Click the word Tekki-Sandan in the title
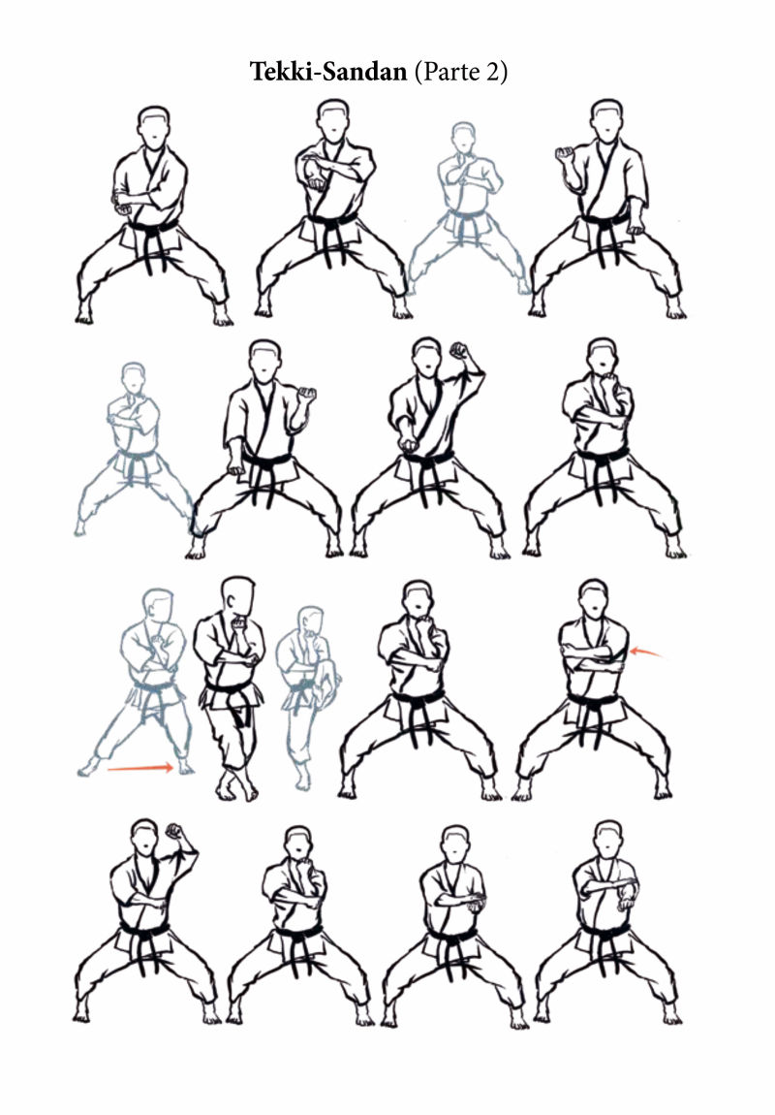click(x=328, y=71)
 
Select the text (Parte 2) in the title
click(x=461, y=72)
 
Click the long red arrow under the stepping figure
click(x=139, y=768)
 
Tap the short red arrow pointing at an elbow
click(x=647, y=652)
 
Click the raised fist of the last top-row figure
click(x=565, y=153)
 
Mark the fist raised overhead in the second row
click(x=459, y=351)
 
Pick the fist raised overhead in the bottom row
click(x=174, y=832)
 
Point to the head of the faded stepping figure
click(x=159, y=604)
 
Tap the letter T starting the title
click(x=257, y=71)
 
